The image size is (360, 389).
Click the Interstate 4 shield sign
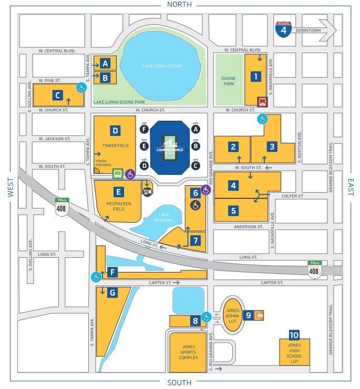point(284,29)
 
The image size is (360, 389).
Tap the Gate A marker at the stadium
point(196,129)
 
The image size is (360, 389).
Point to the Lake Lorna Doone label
point(161,66)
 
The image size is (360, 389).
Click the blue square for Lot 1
point(256,77)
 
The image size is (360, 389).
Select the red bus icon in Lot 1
point(262,102)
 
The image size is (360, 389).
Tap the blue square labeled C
point(58,96)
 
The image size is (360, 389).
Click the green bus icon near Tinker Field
point(119,174)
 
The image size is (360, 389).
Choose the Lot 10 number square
point(294,335)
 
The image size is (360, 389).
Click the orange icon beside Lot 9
point(258,316)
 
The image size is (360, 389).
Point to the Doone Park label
point(228,81)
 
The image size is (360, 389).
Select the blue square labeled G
point(112,293)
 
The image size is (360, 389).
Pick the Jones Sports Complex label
point(188,352)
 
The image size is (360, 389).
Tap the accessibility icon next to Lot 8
point(207,317)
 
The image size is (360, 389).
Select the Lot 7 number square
point(196,240)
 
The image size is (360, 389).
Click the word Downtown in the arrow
point(308,30)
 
